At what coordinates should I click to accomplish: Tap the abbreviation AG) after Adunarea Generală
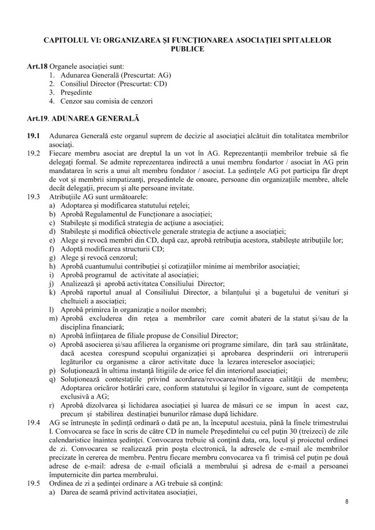click(164, 76)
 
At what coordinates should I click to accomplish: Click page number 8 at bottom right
click(347, 502)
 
